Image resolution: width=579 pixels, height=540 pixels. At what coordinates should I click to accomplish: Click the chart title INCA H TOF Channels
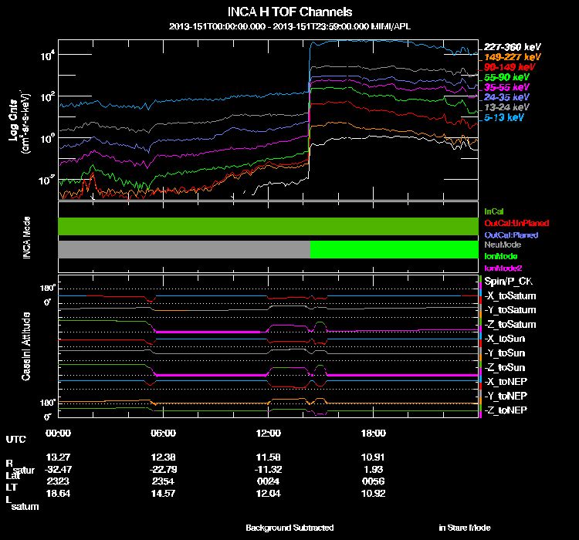[x=289, y=12]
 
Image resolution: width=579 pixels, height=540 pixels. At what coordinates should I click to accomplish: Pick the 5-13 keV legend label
[x=506, y=118]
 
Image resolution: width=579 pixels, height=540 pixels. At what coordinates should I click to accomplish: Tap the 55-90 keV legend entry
[x=506, y=78]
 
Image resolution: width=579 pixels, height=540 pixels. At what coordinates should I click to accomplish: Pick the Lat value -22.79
[x=164, y=469]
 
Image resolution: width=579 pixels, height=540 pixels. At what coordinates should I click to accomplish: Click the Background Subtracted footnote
[x=289, y=528]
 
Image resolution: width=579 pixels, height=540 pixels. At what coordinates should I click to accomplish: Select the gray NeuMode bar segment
[x=184, y=249]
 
